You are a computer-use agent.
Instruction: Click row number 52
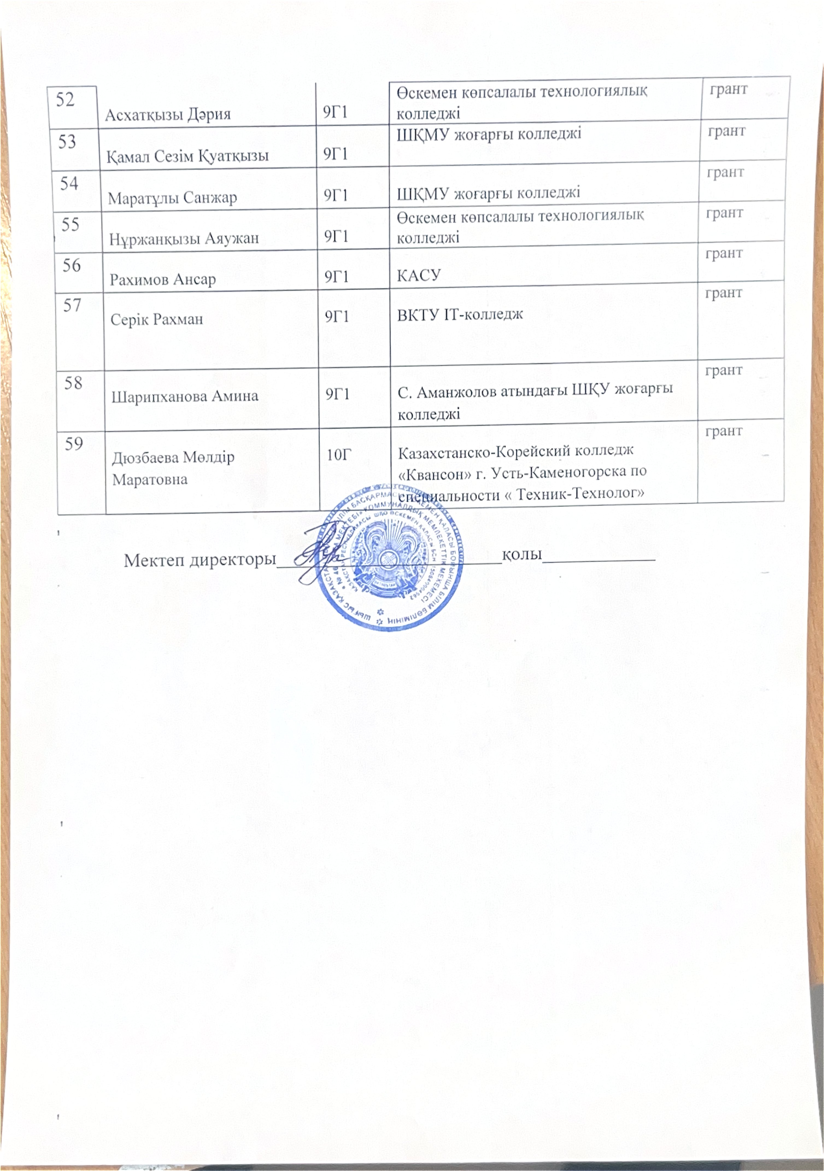[65, 99]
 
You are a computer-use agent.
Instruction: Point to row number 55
[70, 224]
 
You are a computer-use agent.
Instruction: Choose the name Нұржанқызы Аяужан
[184, 238]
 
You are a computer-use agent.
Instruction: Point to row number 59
[74, 444]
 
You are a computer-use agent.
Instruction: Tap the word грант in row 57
[723, 293]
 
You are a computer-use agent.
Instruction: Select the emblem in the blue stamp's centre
[389, 556]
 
